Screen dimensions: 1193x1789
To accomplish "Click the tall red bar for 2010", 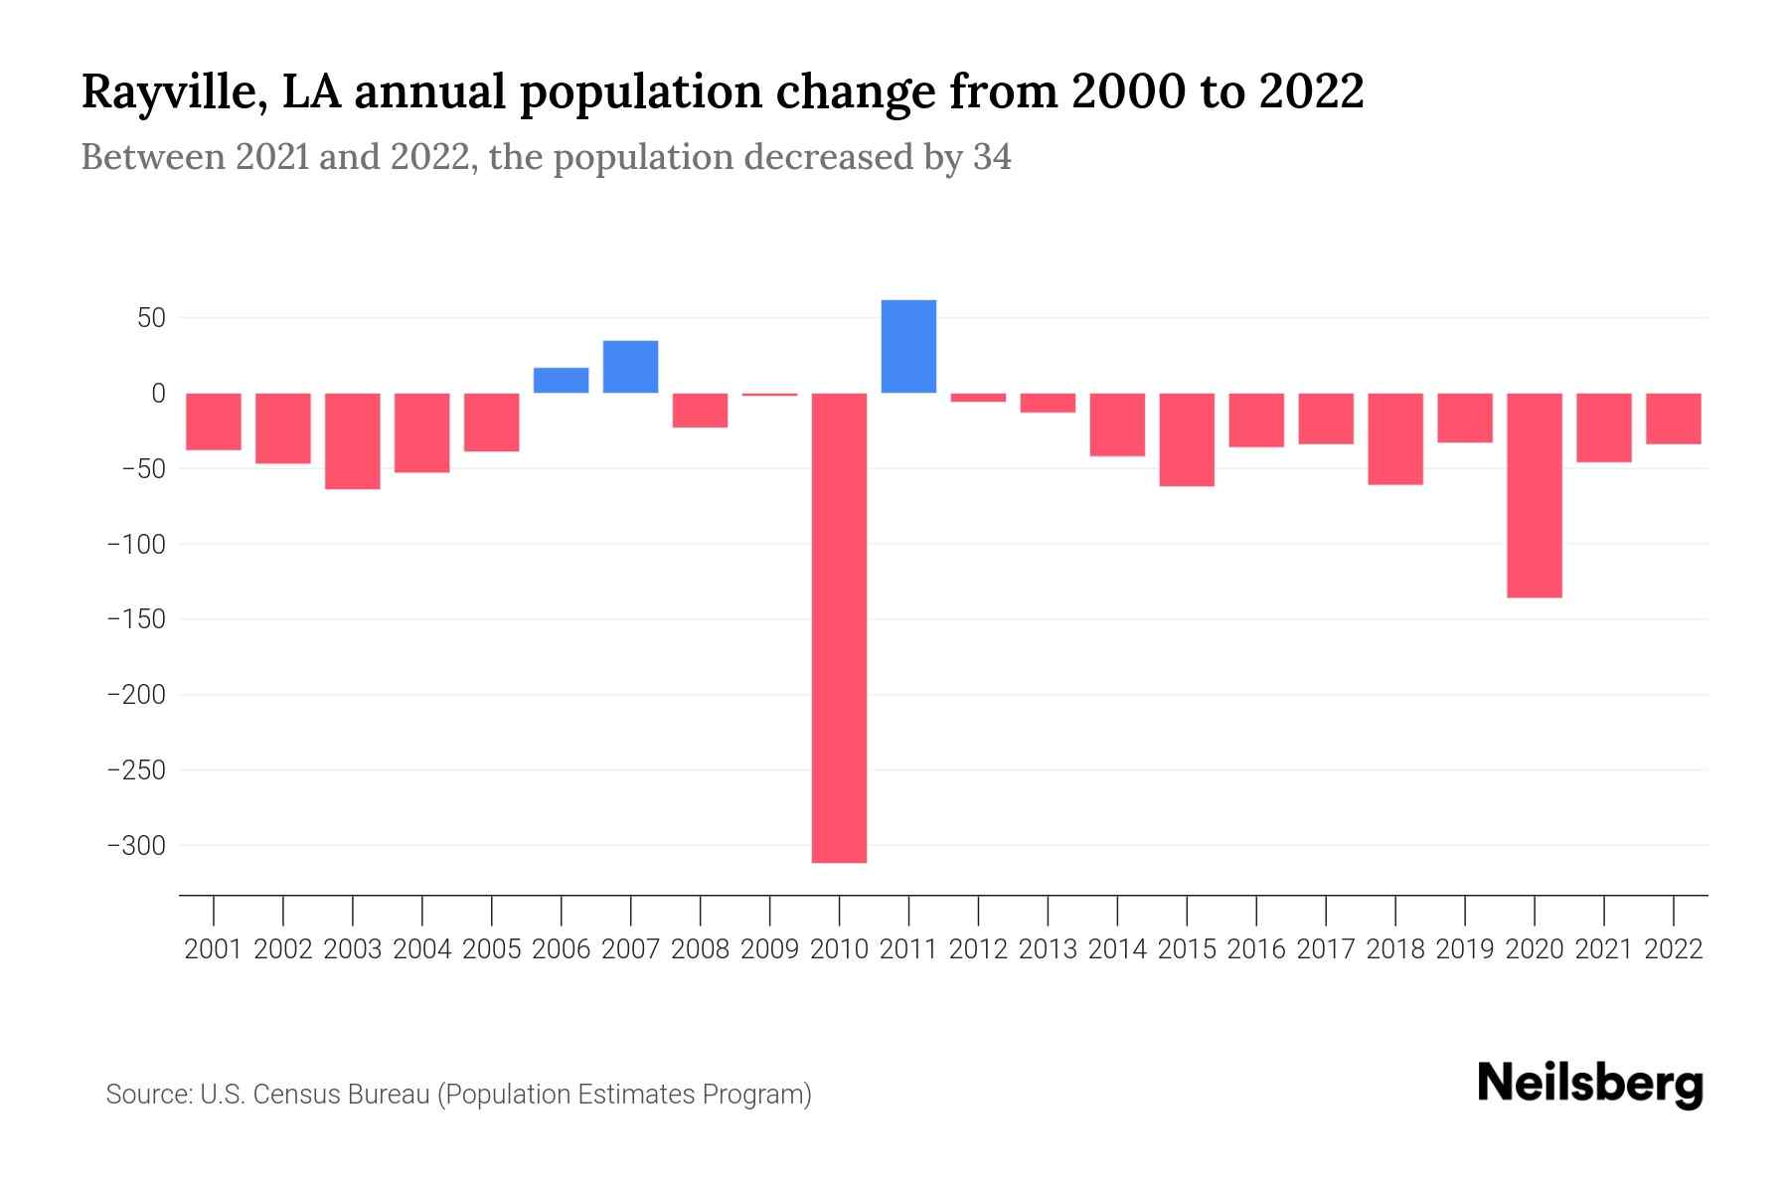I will pos(839,627).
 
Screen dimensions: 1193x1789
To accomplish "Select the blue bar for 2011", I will pos(908,346).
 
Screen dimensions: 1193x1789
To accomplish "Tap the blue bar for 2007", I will pos(630,367).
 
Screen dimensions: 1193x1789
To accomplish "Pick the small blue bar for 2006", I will pos(561,381).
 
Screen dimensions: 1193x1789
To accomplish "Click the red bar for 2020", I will pos(1534,495).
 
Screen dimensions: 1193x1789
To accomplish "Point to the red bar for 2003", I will pos(353,440).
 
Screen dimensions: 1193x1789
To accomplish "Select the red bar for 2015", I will pos(1187,439).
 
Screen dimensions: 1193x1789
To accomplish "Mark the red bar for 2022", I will pos(1673,419).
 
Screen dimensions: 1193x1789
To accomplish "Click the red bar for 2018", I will pos(1395,438).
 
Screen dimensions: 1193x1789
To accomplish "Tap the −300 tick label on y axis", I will pos(136,846).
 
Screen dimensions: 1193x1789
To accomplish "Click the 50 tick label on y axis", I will pos(151,318).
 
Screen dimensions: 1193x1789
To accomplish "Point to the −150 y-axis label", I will pos(136,619).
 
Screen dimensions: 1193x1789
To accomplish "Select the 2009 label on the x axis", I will pos(769,949).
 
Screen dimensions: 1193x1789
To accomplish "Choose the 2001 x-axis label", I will pos(214,949).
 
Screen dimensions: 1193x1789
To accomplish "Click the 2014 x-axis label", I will pos(1117,949).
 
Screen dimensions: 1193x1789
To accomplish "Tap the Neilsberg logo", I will pos(1590,1084).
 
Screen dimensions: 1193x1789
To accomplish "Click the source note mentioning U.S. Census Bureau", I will pos(458,1095).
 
